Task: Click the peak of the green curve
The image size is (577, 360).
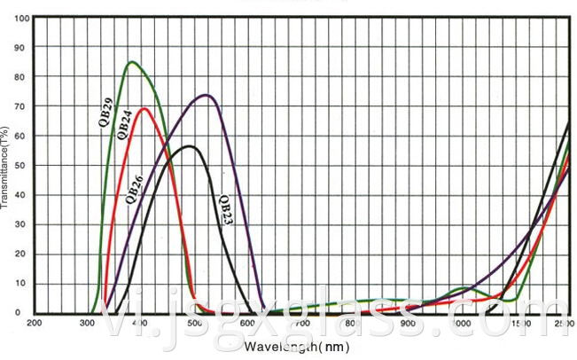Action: (x=131, y=62)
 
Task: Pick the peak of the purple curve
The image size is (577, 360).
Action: (x=206, y=95)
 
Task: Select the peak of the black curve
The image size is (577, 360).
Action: (x=188, y=146)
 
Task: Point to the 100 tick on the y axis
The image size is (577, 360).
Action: (x=22, y=19)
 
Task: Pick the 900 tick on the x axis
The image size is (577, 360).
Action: (x=407, y=324)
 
